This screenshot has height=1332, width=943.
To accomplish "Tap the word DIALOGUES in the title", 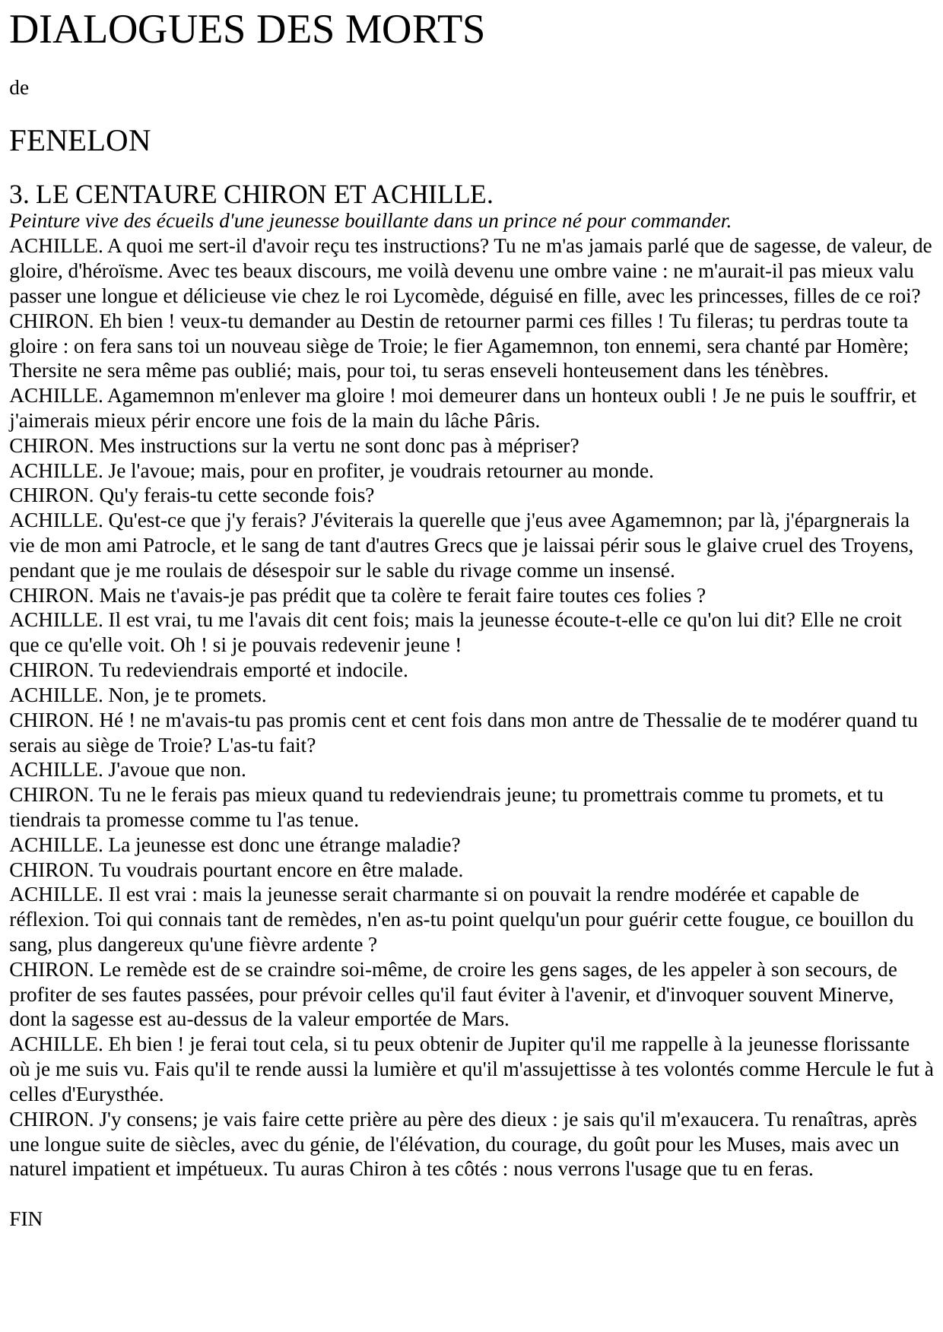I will [127, 30].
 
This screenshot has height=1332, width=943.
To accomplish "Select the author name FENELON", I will [80, 141].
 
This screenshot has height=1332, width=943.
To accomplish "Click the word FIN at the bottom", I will [26, 1219].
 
